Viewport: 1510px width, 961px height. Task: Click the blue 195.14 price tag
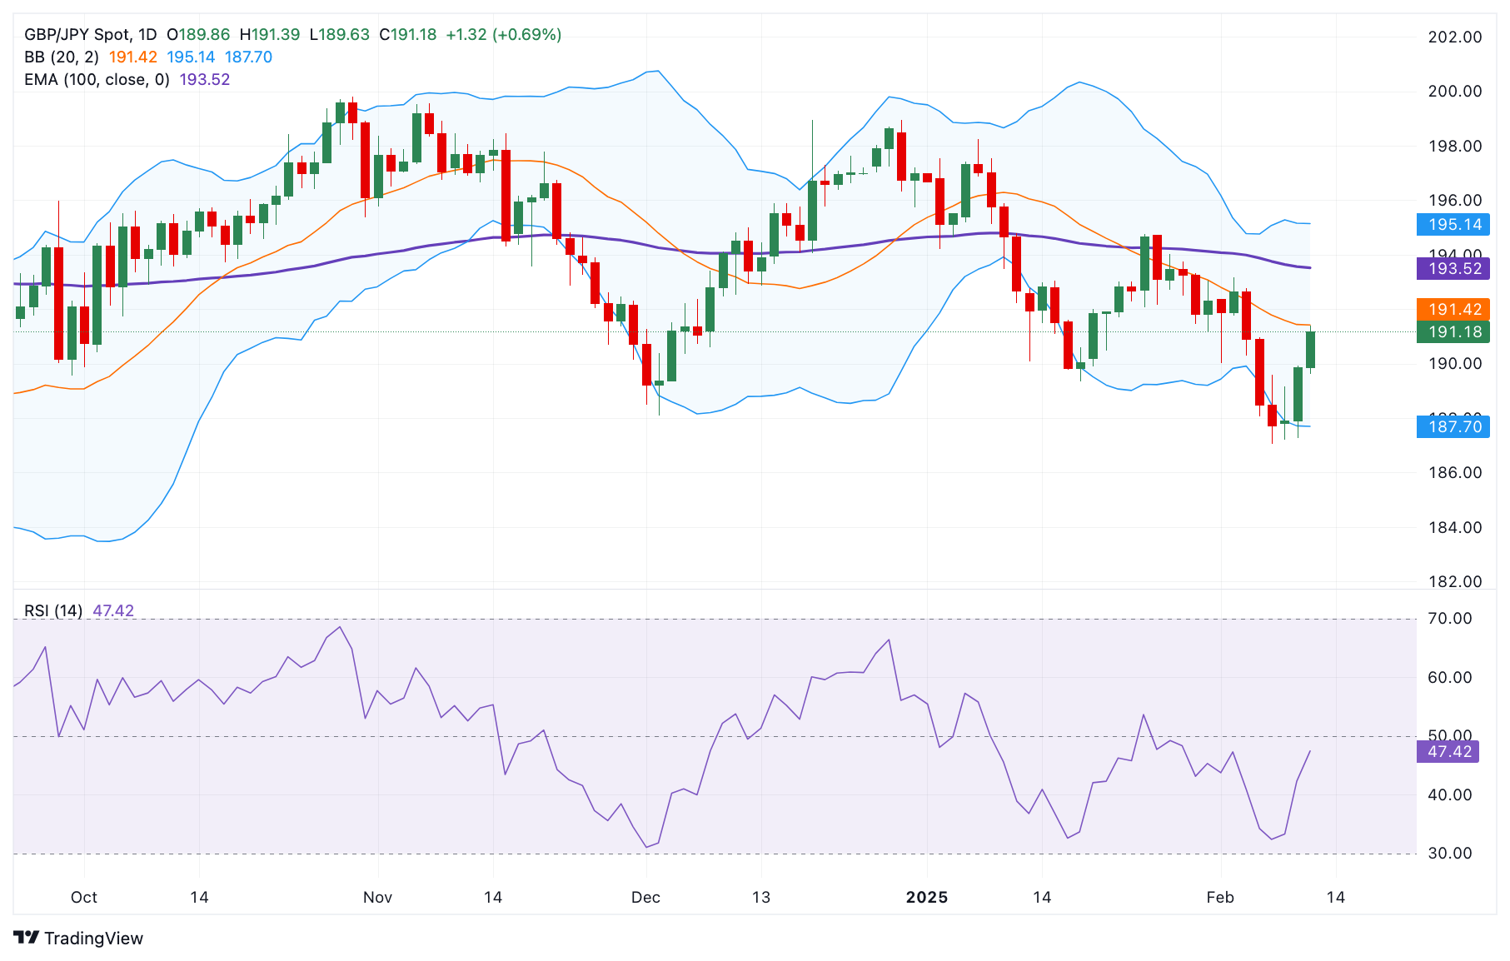point(1454,224)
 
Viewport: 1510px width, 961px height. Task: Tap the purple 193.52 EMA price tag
point(1454,268)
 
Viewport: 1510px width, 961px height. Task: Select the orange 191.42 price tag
point(1454,309)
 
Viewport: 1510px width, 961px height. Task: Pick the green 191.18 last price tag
point(1454,331)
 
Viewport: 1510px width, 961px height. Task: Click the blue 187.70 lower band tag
point(1454,426)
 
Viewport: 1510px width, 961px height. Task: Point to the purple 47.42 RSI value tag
point(1449,751)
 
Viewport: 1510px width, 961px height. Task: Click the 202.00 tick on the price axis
point(1454,37)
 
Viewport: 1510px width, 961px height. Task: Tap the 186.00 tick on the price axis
point(1454,472)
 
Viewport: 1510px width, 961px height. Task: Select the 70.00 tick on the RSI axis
point(1449,618)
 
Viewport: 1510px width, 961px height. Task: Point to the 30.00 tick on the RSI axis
point(1449,853)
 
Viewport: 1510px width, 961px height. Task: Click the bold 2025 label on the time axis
point(926,897)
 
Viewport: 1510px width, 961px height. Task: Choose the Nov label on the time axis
point(377,897)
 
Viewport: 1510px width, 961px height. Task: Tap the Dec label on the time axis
point(645,897)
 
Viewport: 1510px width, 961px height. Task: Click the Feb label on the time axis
point(1219,897)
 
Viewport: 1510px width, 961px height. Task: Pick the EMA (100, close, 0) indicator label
point(97,79)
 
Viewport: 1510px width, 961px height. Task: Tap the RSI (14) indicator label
point(53,610)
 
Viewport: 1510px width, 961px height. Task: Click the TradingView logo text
point(93,938)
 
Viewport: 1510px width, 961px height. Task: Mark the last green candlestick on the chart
point(1310,350)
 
